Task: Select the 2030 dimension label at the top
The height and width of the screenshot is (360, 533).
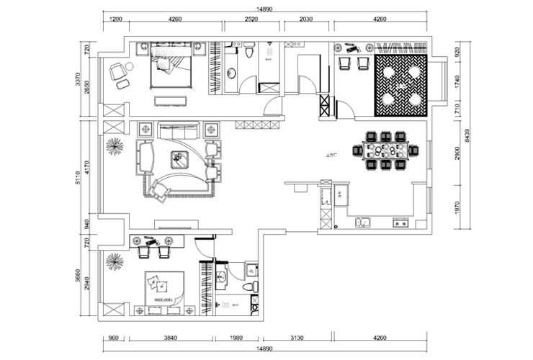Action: point(307,21)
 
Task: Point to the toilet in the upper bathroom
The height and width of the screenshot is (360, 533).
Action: point(248,52)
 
